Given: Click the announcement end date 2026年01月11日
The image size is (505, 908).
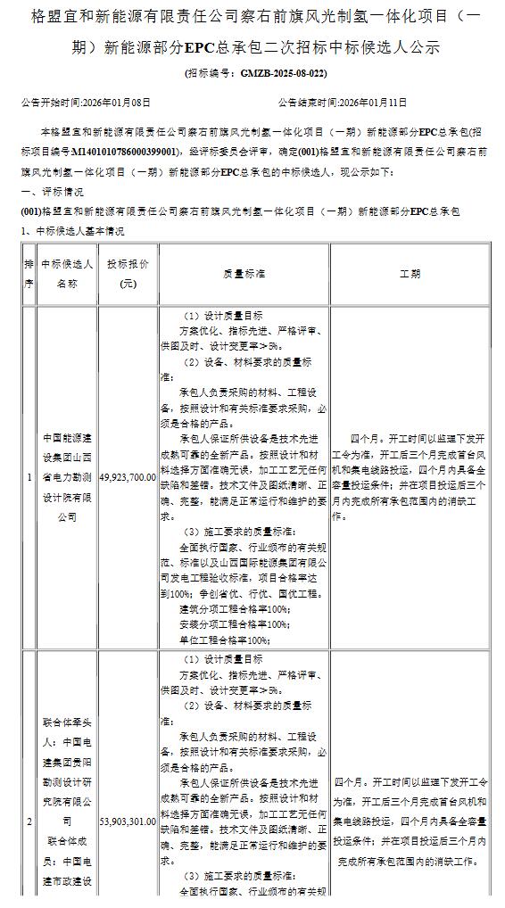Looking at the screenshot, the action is (369, 103).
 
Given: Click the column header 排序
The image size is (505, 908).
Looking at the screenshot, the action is (29, 274).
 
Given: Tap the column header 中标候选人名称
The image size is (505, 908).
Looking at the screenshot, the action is (67, 274).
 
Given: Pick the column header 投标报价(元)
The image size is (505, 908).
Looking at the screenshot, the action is (128, 274).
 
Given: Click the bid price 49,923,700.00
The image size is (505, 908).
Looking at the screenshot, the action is (128, 477).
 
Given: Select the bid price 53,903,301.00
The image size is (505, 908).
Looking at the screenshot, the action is (128, 821).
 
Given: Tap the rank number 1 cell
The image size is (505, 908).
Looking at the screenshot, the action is (29, 477).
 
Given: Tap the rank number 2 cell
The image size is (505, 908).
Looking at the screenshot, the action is (29, 821).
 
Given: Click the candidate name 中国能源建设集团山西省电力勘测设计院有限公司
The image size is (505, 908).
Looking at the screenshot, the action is (67, 477).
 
